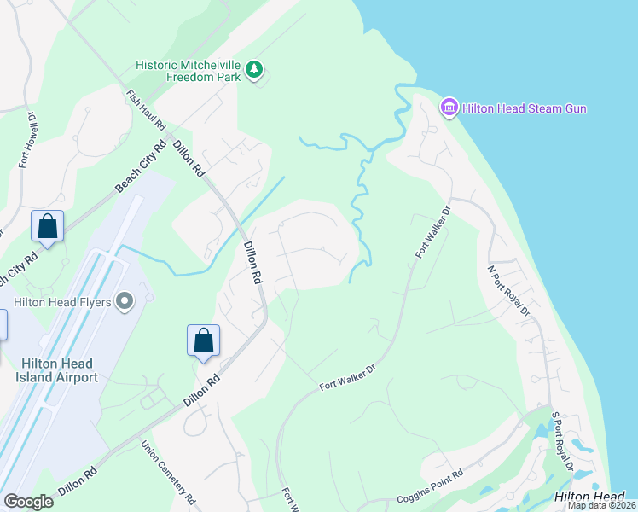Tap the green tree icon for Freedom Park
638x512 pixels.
point(253,70)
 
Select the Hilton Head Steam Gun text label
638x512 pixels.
point(525,108)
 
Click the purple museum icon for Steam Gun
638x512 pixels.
point(449,108)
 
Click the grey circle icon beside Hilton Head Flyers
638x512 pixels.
point(126,300)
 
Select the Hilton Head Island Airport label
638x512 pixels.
point(59,370)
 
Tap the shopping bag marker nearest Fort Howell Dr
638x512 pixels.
point(47,227)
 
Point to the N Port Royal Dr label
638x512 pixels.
point(508,290)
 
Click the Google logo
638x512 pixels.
point(28,502)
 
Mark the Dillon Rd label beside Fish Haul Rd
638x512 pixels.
point(189,159)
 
